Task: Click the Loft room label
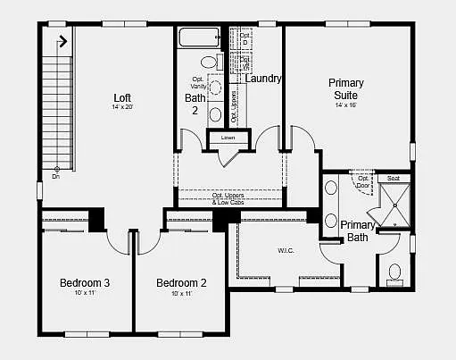[122, 97]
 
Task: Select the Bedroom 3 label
[85, 283]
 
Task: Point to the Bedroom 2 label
[181, 283]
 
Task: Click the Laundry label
[263, 79]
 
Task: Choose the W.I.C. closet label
[286, 249]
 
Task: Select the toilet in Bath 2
[211, 63]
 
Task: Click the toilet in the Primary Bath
[394, 274]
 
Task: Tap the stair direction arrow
[62, 40]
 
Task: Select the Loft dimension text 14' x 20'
[122, 107]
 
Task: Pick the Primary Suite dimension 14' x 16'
[345, 105]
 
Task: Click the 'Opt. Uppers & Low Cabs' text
[229, 198]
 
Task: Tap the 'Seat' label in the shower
[393, 179]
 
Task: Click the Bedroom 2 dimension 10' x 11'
[181, 294]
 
